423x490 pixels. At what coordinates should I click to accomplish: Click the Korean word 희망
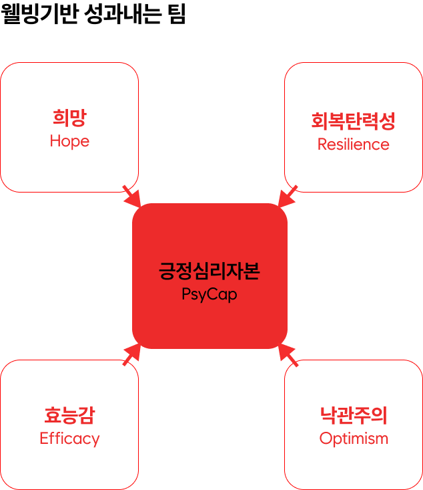[x=69, y=119]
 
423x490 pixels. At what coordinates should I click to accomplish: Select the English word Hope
[x=69, y=142]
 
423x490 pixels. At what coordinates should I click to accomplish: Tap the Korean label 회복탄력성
[x=353, y=121]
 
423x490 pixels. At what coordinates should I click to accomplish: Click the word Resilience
[x=353, y=144]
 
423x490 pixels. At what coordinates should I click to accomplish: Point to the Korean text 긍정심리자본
[x=209, y=271]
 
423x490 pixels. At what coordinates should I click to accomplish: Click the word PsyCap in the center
[x=209, y=294]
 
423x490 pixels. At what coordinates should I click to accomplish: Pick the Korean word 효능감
[x=69, y=416]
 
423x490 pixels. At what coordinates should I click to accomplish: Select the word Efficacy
[x=69, y=439]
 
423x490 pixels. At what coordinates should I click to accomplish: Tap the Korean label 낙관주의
[x=353, y=416]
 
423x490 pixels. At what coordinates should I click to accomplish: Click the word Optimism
[x=353, y=439]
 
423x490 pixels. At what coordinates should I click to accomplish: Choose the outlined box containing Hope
[x=69, y=87]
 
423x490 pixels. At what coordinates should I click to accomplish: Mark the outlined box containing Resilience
[x=353, y=87]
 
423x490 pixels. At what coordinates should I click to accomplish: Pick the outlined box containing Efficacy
[x=69, y=388]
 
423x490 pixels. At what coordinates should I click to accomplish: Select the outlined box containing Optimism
[x=353, y=388]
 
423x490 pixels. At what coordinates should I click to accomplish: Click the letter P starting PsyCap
[x=185, y=294]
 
